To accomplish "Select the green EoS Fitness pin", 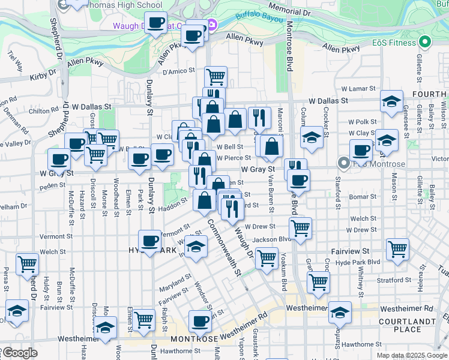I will pos(426,43).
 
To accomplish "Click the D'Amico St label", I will pos(179,72).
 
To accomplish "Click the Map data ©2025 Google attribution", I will pos(412,355).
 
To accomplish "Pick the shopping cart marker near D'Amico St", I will pos(215,77).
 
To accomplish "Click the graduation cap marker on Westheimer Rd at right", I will pos(340,311).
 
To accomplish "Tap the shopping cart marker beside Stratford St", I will pos(318,281).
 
